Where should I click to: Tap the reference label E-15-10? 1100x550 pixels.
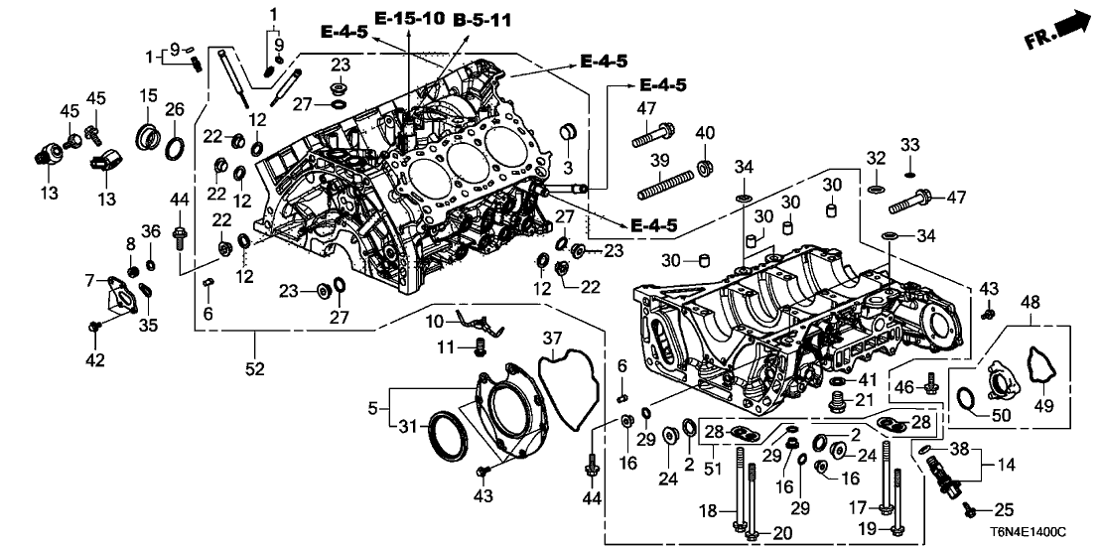[409, 18]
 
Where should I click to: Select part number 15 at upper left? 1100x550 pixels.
[148, 95]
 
